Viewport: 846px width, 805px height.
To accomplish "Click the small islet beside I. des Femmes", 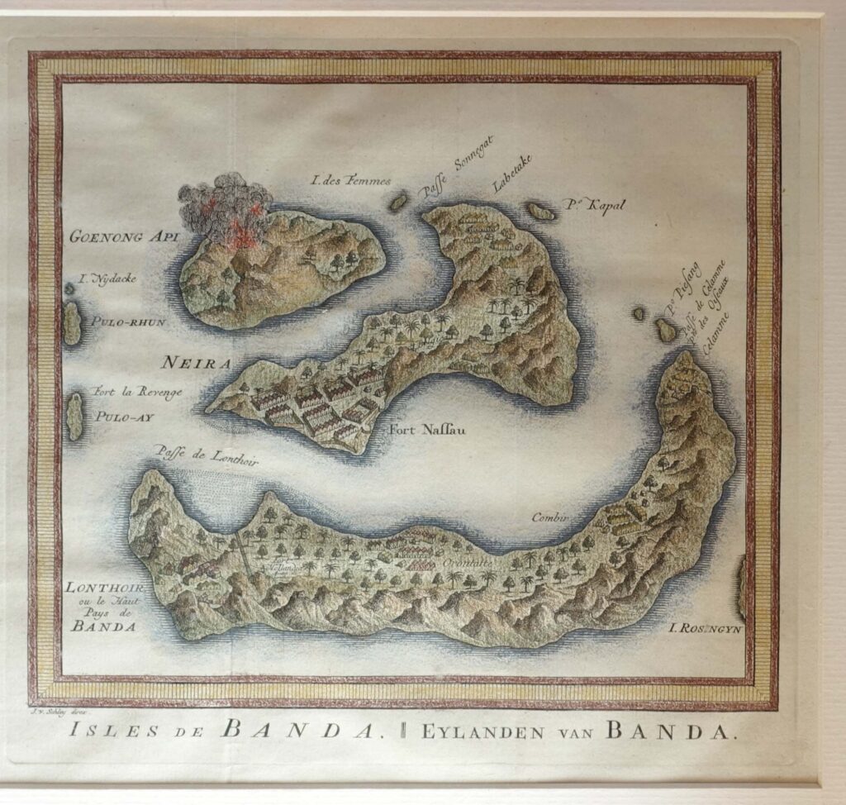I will pyautogui.click(x=399, y=201).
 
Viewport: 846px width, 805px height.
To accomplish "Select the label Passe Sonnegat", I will pyautogui.click(x=454, y=168).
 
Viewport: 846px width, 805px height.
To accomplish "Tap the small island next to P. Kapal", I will pyautogui.click(x=541, y=212).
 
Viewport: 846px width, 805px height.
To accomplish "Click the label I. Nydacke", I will pyautogui.click(x=105, y=279).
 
